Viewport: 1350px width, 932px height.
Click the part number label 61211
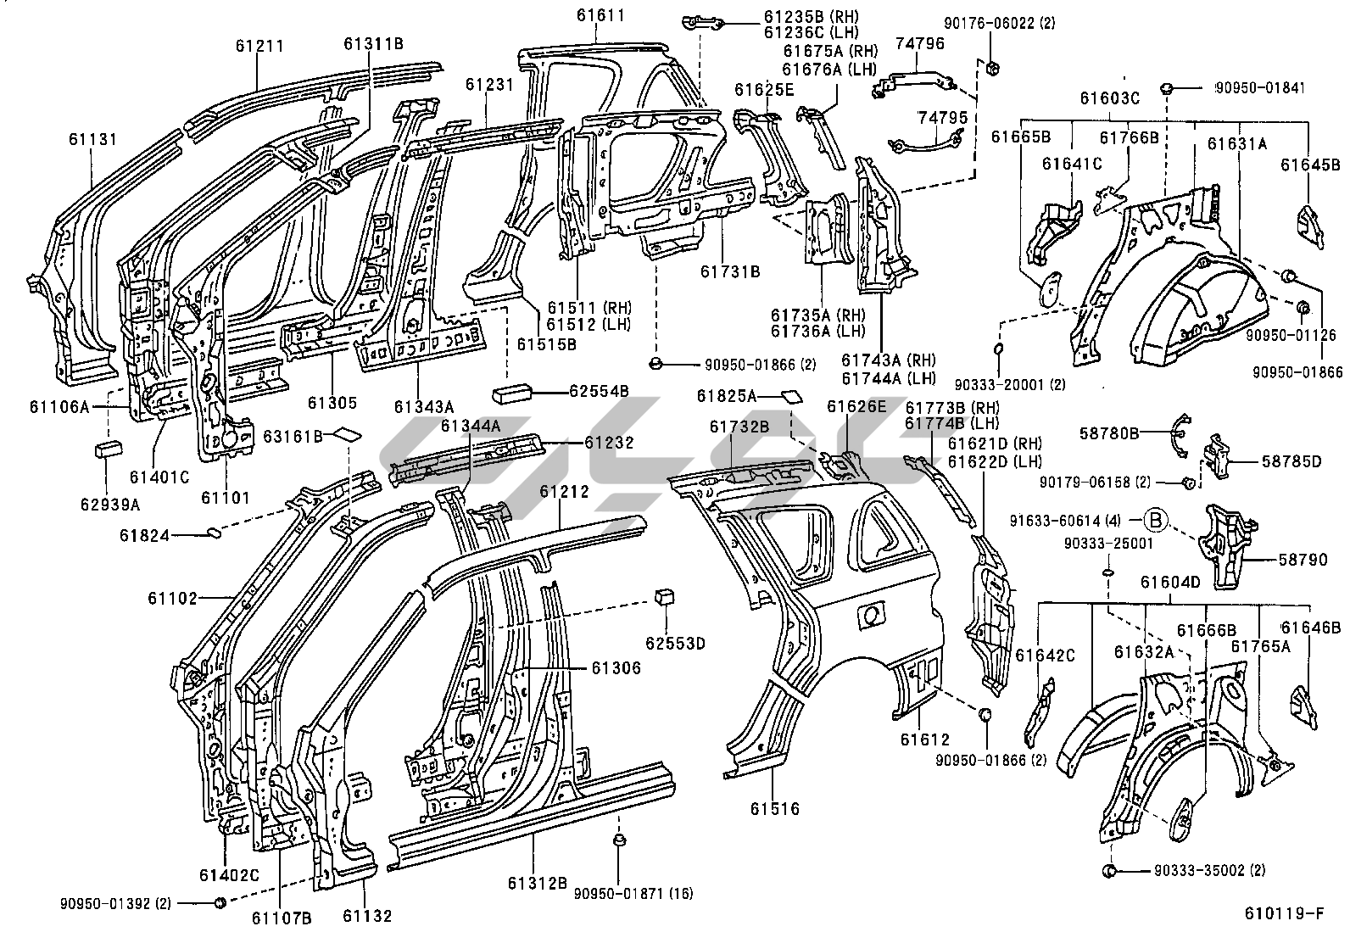pyautogui.click(x=259, y=46)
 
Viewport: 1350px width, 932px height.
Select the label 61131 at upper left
pyautogui.click(x=92, y=139)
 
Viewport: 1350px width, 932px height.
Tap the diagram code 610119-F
pyautogui.click(x=1285, y=913)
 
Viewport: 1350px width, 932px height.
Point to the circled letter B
pyautogui.click(x=1155, y=519)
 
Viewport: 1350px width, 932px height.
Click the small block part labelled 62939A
pyautogui.click(x=108, y=449)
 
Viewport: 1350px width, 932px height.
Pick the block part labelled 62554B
pyautogui.click(x=511, y=394)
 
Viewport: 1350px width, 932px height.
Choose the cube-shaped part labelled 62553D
pyautogui.click(x=664, y=596)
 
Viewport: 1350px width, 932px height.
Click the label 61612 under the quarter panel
pyautogui.click(x=925, y=739)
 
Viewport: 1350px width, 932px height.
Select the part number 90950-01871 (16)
pyautogui.click(x=633, y=893)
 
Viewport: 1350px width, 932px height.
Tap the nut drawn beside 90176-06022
pyautogui.click(x=991, y=68)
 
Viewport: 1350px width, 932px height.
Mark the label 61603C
pyautogui.click(x=1109, y=98)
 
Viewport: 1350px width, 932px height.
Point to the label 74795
pyautogui.click(x=942, y=117)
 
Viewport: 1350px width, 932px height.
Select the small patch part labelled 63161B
pyautogui.click(x=348, y=433)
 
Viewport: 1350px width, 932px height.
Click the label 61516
pyautogui.click(x=775, y=808)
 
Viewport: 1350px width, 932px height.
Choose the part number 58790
pyautogui.click(x=1303, y=560)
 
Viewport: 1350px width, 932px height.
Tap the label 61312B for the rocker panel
pyautogui.click(x=538, y=883)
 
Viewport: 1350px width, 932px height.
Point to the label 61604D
pyautogui.click(x=1170, y=583)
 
